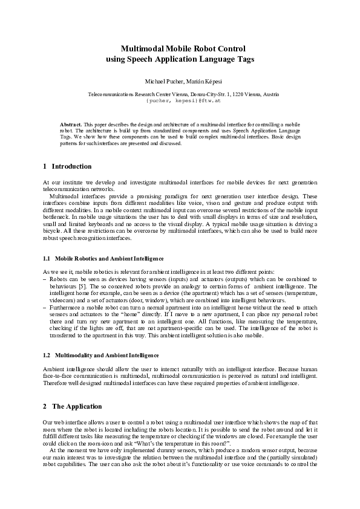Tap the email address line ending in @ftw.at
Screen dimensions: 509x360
click(180, 101)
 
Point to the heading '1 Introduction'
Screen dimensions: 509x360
click(68, 166)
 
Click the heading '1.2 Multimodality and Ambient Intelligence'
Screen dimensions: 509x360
click(101, 355)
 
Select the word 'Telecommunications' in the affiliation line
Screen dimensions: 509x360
click(108, 95)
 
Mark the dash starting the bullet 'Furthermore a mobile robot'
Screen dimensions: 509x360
click(45, 308)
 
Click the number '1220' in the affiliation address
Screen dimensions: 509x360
click(240, 95)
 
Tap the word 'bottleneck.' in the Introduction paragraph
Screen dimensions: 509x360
click(57, 215)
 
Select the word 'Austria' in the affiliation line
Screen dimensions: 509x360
click(270, 95)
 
